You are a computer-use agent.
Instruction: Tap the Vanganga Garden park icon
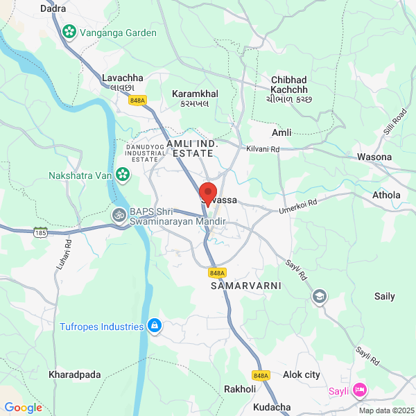[x=69, y=31]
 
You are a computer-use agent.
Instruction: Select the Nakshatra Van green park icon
[x=123, y=174]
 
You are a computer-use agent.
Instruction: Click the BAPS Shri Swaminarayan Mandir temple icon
[x=119, y=216]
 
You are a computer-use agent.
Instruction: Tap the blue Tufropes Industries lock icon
[x=155, y=325]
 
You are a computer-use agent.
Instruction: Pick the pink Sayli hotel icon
[x=359, y=390]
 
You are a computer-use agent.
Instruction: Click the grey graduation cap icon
[x=319, y=296]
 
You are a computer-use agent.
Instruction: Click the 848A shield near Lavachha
[x=137, y=101]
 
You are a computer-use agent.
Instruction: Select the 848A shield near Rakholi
[x=261, y=376]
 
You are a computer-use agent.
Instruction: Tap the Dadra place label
[x=53, y=9]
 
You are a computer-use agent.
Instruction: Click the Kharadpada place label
[x=75, y=375]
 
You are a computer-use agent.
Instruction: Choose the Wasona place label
[x=374, y=157]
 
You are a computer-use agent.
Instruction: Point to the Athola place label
[x=386, y=195]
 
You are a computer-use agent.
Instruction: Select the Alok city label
[x=302, y=375]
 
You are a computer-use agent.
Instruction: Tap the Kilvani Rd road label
[x=263, y=149]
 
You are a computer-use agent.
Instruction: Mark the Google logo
[x=23, y=408]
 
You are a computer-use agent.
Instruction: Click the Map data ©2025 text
[x=385, y=410]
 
